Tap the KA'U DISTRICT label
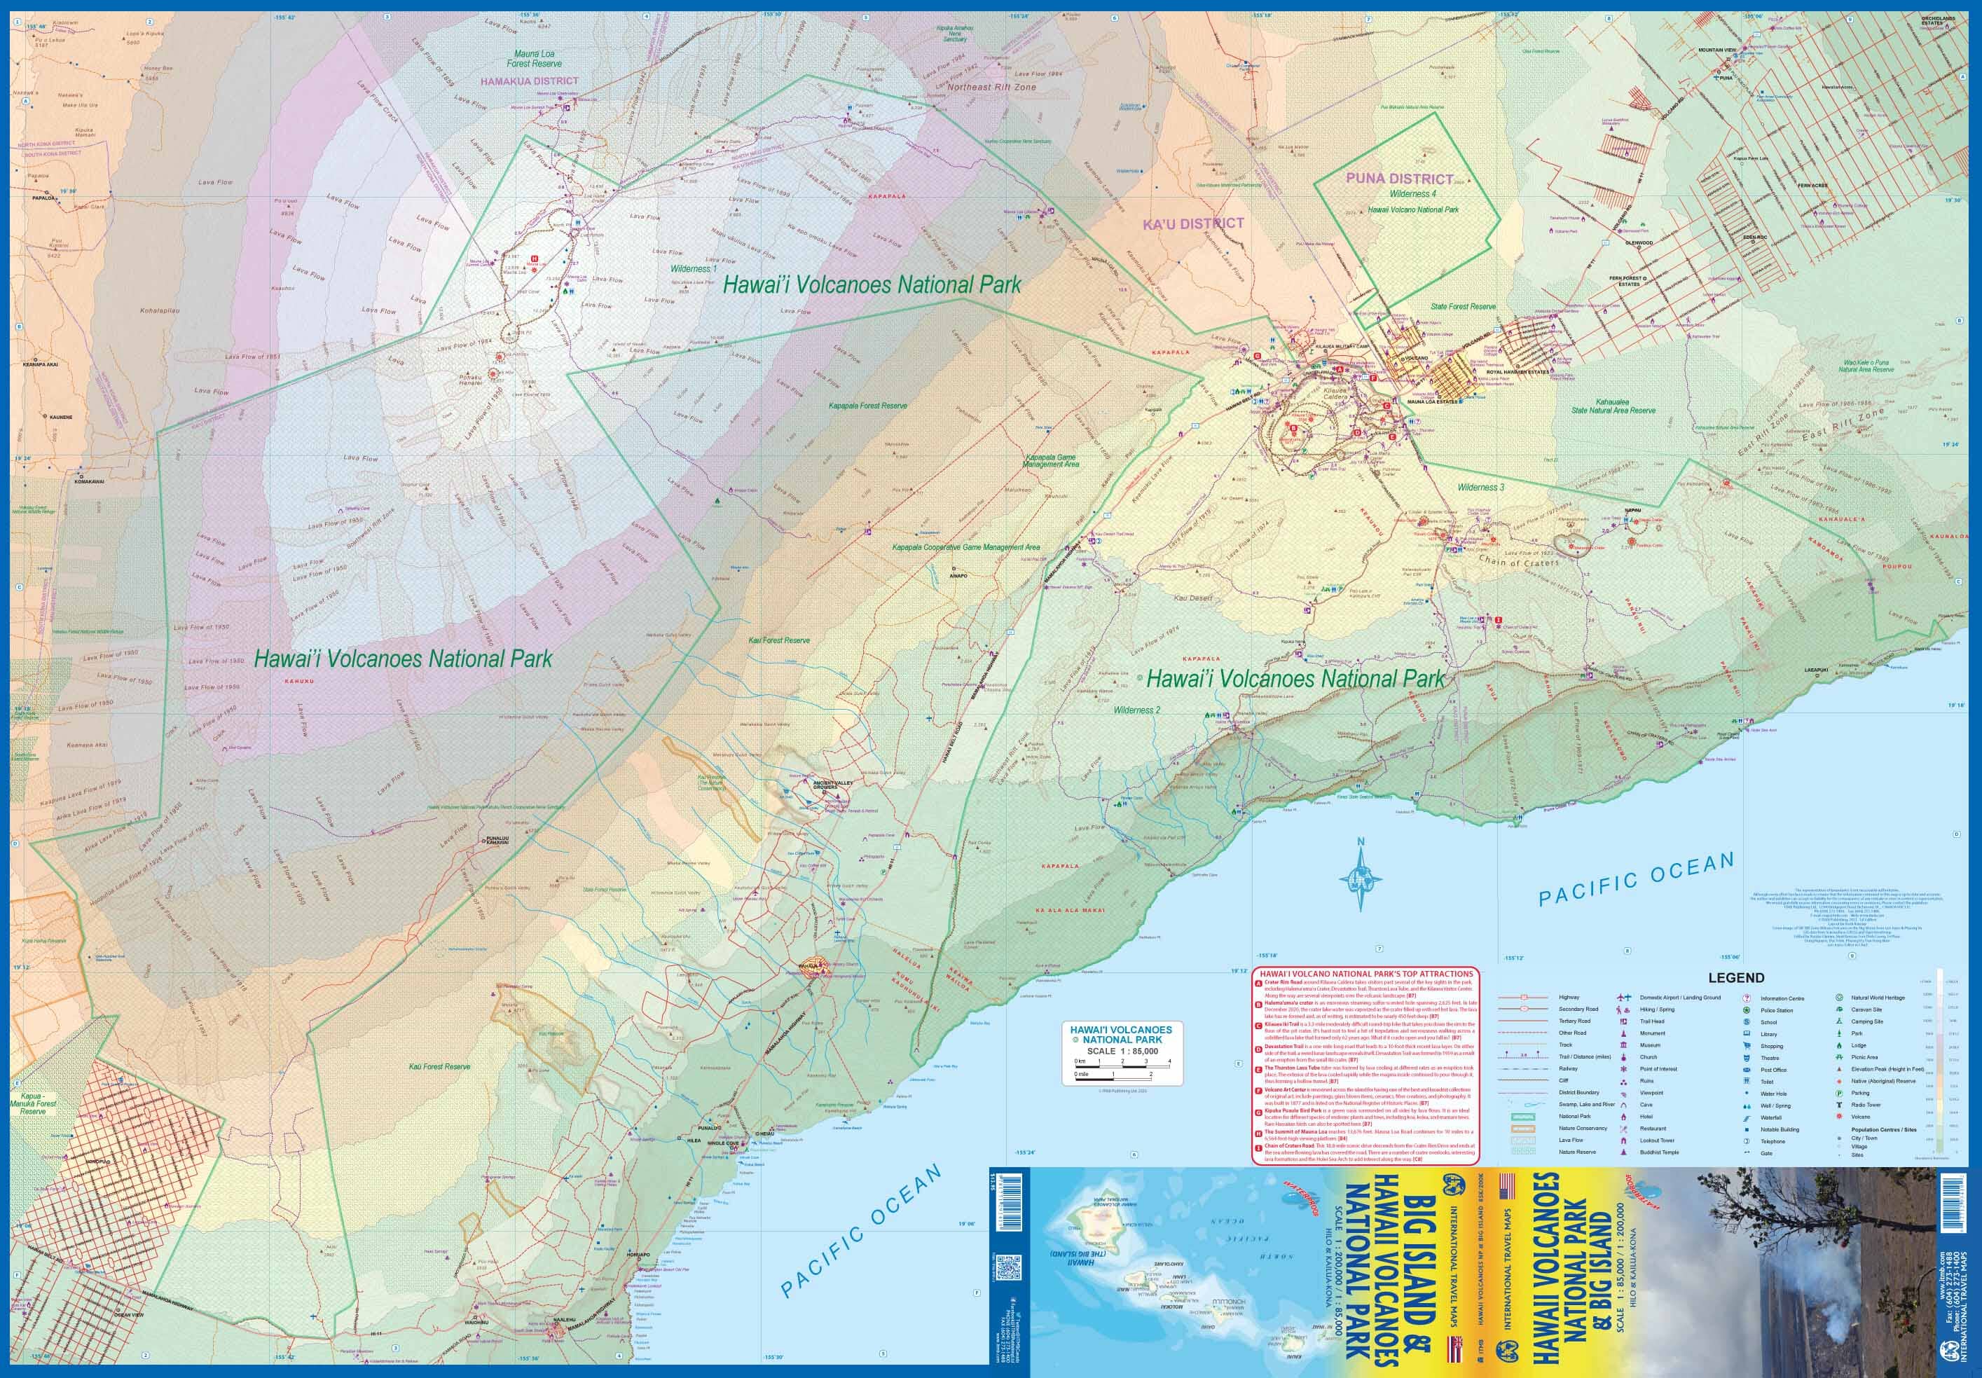coord(1193,223)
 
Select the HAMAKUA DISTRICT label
coord(529,81)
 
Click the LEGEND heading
coord(1737,977)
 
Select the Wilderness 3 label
coord(1480,487)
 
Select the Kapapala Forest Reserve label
coord(867,405)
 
